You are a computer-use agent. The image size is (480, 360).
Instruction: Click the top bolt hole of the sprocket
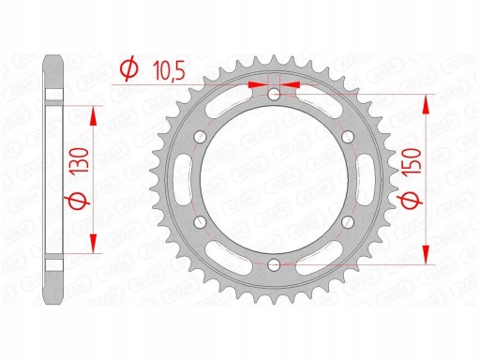273,96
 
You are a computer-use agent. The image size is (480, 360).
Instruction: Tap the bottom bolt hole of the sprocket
273,265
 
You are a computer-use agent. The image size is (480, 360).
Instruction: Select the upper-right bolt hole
347,138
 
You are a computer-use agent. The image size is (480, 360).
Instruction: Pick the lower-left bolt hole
200,223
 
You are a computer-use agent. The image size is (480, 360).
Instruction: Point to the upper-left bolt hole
200,138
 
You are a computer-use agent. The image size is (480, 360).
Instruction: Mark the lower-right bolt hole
347,223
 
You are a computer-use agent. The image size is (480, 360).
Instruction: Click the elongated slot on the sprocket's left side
186,180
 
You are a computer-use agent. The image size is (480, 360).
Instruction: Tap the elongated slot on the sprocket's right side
361,180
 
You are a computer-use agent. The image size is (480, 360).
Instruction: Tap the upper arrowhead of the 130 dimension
93,112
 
